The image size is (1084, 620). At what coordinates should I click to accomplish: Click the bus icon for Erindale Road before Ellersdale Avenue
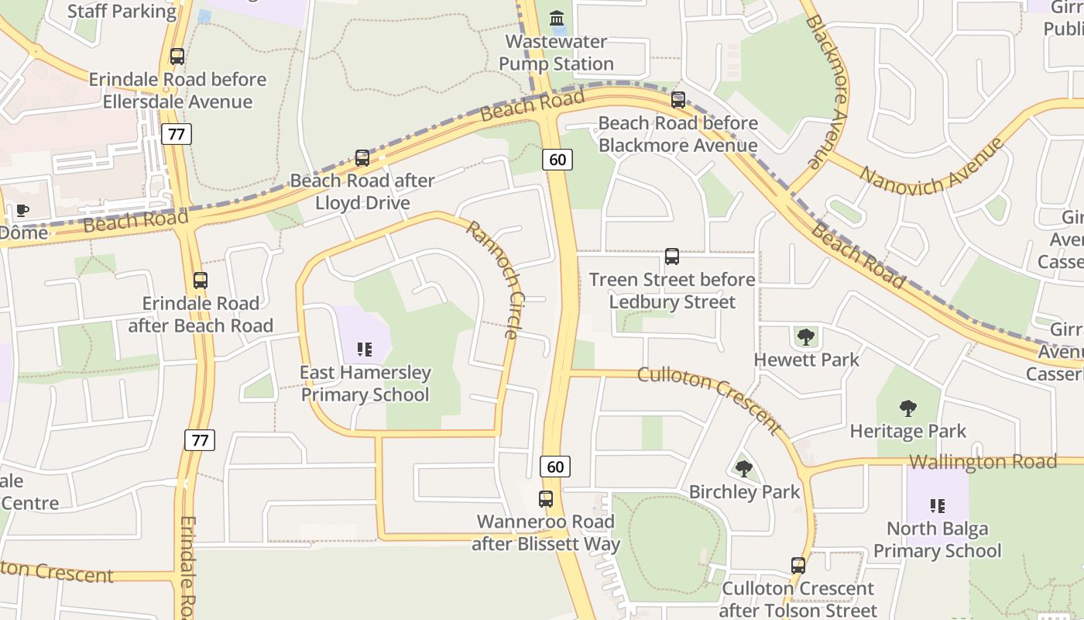pyautogui.click(x=177, y=57)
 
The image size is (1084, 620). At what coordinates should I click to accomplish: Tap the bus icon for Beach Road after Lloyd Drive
pyautogui.click(x=362, y=158)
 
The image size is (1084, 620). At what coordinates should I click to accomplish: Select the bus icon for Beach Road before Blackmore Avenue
pyautogui.click(x=678, y=100)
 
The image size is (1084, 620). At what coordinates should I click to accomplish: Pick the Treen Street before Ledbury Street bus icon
pyautogui.click(x=672, y=257)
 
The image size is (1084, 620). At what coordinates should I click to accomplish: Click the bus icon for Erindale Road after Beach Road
pyautogui.click(x=201, y=281)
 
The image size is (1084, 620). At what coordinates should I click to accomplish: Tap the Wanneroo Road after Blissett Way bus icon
pyautogui.click(x=546, y=499)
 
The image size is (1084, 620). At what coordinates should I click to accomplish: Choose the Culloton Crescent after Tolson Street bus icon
pyautogui.click(x=798, y=566)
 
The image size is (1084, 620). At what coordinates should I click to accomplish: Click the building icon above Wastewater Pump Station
pyautogui.click(x=556, y=18)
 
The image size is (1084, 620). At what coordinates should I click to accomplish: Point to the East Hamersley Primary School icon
pyautogui.click(x=365, y=350)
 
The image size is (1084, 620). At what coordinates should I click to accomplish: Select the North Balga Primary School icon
pyautogui.click(x=938, y=506)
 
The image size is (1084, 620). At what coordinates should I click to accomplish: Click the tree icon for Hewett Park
pyautogui.click(x=806, y=337)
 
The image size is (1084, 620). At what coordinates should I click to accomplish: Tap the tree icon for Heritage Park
pyautogui.click(x=908, y=408)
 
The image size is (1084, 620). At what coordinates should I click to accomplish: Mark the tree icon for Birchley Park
pyautogui.click(x=744, y=469)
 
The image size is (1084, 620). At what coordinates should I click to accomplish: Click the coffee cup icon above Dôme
pyautogui.click(x=22, y=210)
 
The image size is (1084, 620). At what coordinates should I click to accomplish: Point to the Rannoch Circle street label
pyautogui.click(x=492, y=280)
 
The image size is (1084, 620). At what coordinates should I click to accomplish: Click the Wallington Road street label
pyautogui.click(x=983, y=462)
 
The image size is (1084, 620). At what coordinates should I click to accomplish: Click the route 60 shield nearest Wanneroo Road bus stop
pyautogui.click(x=555, y=467)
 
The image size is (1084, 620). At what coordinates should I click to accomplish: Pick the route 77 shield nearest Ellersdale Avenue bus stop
pyautogui.click(x=177, y=134)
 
